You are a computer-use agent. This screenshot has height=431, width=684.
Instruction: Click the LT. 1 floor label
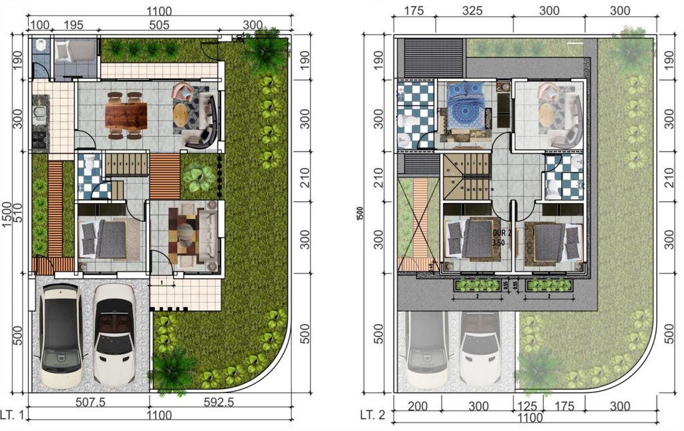pos(13,416)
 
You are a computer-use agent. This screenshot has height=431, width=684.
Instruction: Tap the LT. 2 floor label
pos(373,415)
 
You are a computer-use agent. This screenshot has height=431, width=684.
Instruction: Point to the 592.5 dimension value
pos(218,402)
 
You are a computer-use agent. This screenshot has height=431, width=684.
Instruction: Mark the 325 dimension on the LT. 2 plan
pos(473,11)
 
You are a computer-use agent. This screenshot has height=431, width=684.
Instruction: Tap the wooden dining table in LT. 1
pos(125,115)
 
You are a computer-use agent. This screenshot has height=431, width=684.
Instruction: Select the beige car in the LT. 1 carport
pos(60,336)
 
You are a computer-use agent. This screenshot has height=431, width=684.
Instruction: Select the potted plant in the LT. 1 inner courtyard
pos(198,178)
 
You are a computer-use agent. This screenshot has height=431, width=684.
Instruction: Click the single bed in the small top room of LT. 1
pos(75,51)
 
